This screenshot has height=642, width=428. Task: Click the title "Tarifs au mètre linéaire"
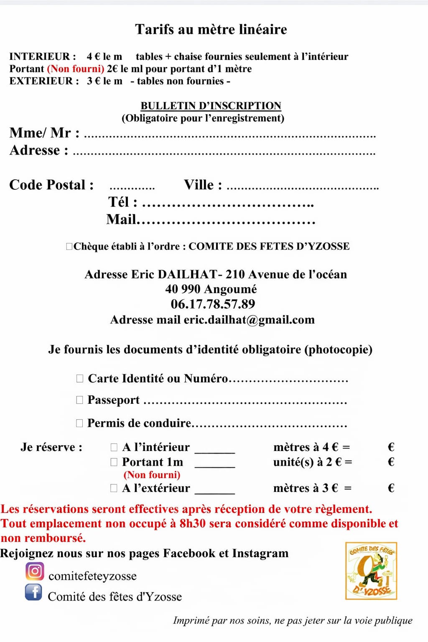(x=211, y=29)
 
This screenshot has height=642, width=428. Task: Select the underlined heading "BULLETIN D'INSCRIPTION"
(x=211, y=106)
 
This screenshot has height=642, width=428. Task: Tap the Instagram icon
(x=35, y=571)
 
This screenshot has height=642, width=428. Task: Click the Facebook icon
(x=33, y=592)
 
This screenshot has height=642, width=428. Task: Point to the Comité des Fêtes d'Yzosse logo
(x=371, y=571)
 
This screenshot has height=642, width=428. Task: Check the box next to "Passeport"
(x=80, y=400)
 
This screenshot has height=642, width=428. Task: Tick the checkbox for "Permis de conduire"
(x=80, y=423)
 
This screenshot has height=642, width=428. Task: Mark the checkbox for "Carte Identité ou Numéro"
(x=80, y=378)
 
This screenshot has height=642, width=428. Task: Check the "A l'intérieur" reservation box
(x=114, y=447)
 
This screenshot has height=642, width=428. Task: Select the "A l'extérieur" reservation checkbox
(x=114, y=488)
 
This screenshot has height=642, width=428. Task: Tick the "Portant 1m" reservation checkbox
(x=114, y=462)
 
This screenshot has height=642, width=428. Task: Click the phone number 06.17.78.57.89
(x=213, y=304)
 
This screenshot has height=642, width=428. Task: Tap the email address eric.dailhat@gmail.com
(x=249, y=320)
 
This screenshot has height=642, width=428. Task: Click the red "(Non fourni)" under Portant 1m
(x=152, y=475)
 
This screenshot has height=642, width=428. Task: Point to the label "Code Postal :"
(x=51, y=185)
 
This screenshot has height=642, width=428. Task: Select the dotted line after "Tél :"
(x=228, y=205)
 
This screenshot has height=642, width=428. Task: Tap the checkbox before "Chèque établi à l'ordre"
(x=69, y=246)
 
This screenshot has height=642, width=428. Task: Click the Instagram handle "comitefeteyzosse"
(x=92, y=576)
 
